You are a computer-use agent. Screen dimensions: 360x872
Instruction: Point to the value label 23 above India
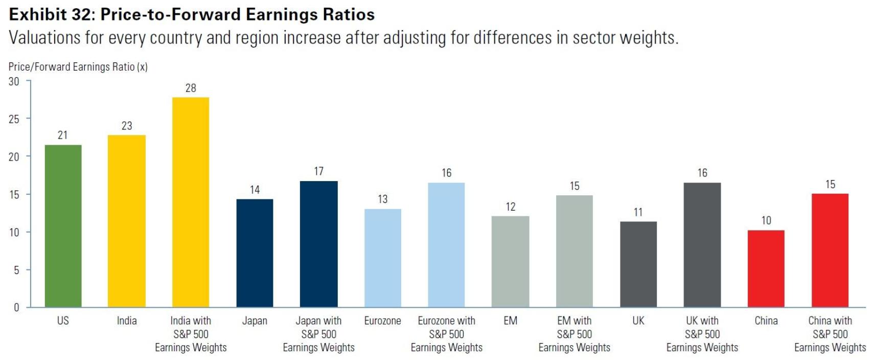127,126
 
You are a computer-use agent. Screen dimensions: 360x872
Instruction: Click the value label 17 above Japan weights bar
318,171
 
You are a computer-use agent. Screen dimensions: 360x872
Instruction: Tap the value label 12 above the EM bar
510,207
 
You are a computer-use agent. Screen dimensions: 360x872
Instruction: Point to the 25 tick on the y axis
14,119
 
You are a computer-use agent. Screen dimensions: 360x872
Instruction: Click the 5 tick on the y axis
16,270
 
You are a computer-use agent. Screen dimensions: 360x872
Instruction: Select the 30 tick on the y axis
14,81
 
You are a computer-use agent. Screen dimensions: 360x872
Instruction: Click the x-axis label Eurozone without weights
382,321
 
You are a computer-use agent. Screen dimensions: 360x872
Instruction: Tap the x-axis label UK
638,321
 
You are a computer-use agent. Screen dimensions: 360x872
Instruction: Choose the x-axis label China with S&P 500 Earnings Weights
830,334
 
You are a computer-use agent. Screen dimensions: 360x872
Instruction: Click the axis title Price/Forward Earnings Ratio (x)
78,67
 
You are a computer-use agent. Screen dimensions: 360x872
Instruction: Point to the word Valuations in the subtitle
45,38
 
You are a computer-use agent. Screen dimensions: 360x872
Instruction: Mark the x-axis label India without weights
127,321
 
